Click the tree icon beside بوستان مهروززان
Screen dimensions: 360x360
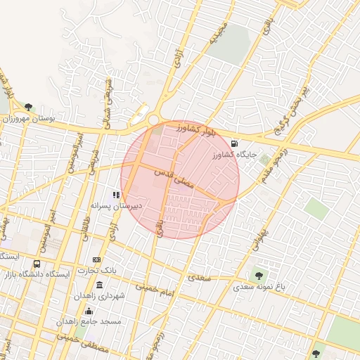(x=28, y=108)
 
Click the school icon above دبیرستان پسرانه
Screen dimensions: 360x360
(x=117, y=195)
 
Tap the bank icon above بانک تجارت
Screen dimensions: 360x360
(x=96, y=260)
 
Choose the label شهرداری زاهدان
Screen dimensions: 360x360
(x=99, y=296)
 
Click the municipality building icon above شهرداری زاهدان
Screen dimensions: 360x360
(x=99, y=285)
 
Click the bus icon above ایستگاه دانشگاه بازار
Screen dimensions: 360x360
(x=37, y=264)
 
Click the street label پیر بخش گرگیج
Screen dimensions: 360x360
(x=295, y=103)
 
